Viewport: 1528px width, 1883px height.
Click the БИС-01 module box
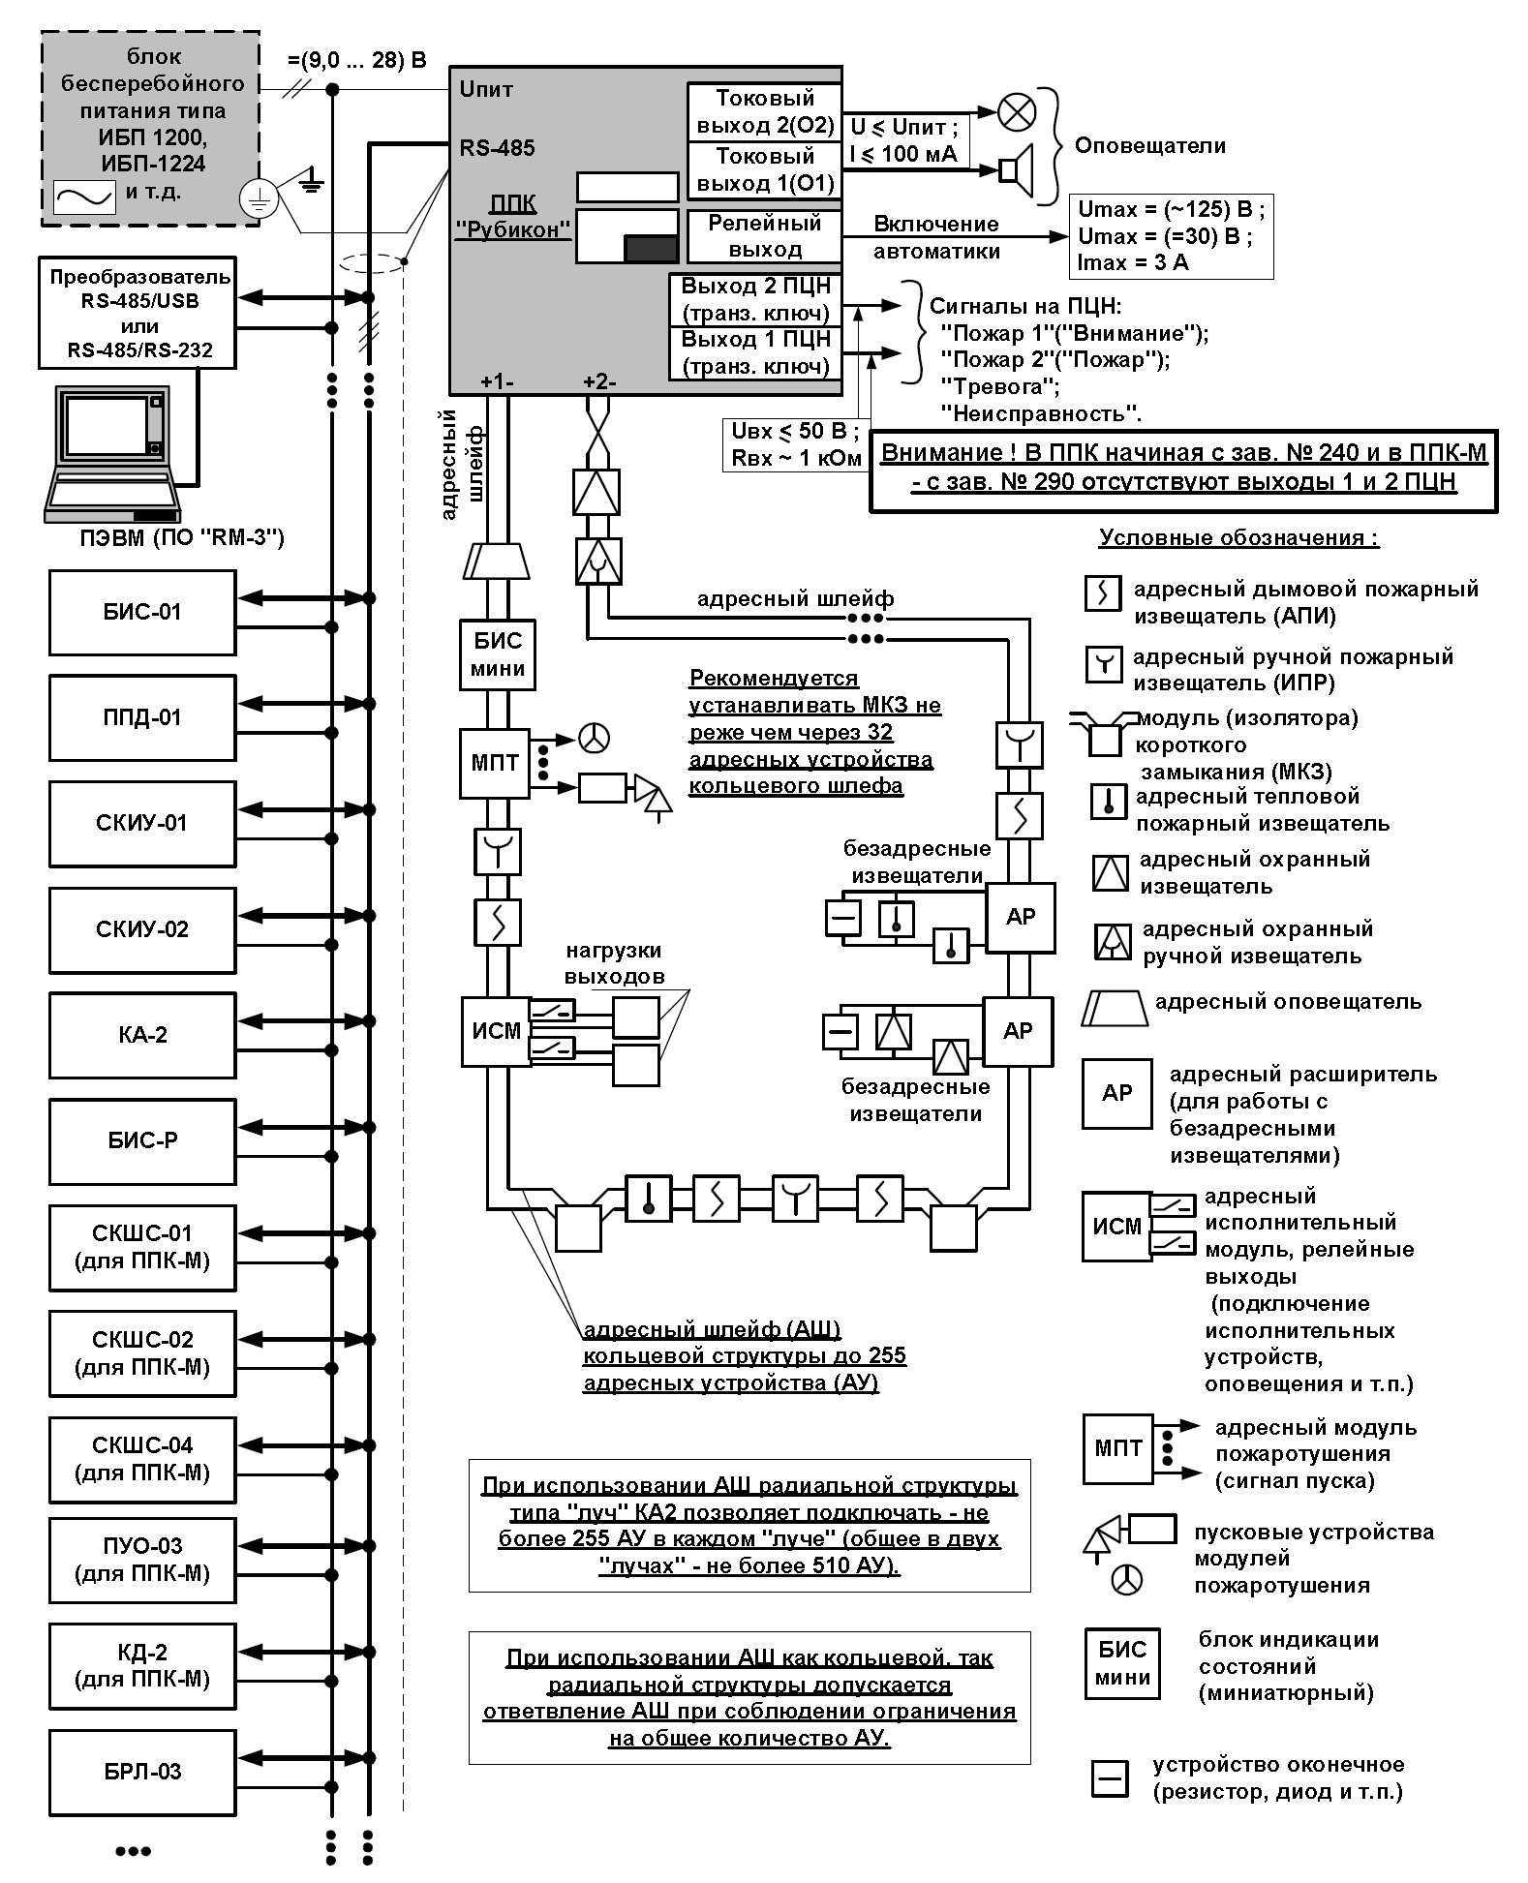coord(142,612)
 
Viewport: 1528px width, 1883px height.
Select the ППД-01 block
coord(142,717)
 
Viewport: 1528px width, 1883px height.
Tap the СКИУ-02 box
coord(142,929)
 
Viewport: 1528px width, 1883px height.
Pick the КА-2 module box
coord(142,1035)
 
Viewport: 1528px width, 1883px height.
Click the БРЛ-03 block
coord(142,1772)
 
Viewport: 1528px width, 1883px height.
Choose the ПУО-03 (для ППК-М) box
coord(142,1560)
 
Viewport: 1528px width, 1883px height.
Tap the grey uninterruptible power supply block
coord(151,129)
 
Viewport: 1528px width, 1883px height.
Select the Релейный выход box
coord(765,236)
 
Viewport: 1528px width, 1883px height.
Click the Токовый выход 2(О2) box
coord(764,112)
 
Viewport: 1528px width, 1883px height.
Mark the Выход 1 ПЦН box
coord(755,353)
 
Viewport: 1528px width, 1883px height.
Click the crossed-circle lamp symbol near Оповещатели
coord(1017,111)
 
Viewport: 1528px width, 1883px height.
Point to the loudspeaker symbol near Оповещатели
coord(1017,170)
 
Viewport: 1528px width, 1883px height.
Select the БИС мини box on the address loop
coord(498,654)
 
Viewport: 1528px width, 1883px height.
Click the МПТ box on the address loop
coord(495,764)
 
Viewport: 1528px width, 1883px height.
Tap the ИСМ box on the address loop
coord(496,1032)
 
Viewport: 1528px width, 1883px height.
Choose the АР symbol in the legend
coord(1117,1094)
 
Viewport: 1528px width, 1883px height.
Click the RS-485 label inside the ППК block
coord(497,148)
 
